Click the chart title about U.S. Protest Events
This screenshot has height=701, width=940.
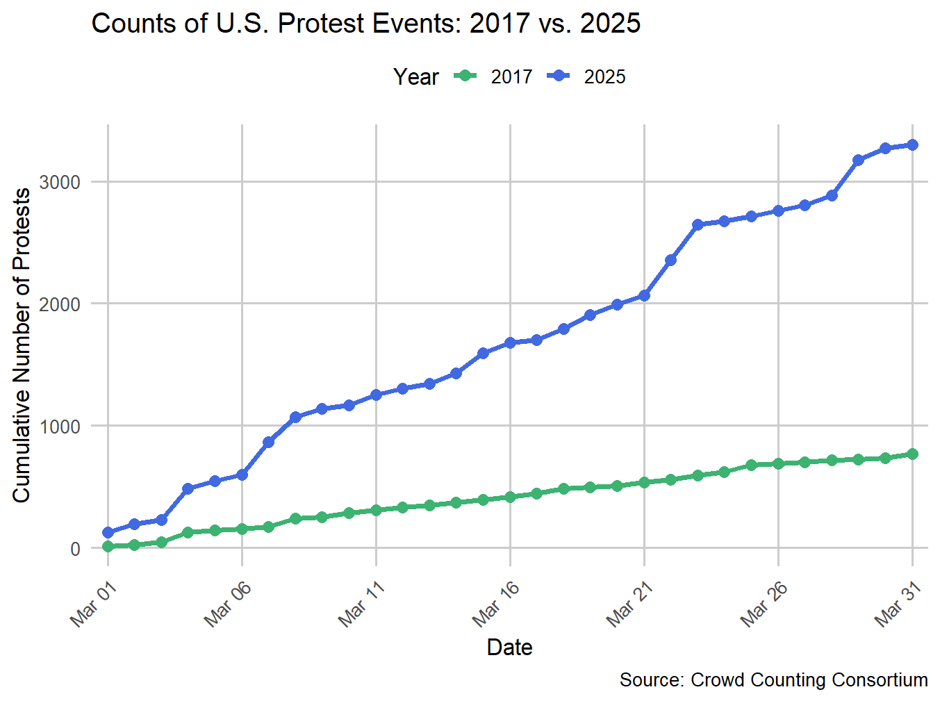coord(365,24)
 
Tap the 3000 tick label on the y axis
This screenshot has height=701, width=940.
coord(60,182)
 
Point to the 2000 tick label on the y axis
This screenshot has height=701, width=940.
coord(60,304)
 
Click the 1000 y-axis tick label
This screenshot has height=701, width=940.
coord(60,427)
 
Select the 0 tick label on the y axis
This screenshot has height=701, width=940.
coord(74,549)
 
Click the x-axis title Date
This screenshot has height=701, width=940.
coord(509,648)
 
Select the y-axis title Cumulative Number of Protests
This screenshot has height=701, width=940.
coord(22,345)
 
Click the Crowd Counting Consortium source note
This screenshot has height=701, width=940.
coord(773,680)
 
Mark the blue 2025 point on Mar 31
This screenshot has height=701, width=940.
coord(912,145)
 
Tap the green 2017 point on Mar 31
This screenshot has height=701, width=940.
coord(912,454)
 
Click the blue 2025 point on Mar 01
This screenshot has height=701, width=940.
coord(108,533)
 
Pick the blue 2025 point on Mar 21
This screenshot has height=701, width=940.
coord(644,295)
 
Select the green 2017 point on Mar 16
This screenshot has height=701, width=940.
coord(510,497)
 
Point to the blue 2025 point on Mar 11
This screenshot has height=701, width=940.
coord(376,395)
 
